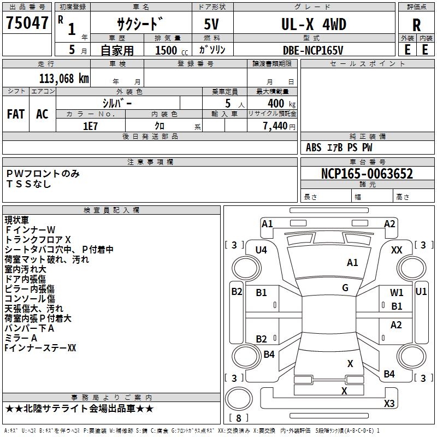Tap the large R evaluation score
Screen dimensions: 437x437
(416, 25)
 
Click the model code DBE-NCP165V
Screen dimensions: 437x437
(313, 50)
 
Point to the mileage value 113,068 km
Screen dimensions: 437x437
(64, 78)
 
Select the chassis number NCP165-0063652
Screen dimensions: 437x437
(367, 174)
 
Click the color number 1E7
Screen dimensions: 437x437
(90, 126)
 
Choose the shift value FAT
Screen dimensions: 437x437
(16, 114)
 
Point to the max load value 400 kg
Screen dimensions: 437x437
(278, 103)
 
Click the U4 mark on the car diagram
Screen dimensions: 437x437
(261, 250)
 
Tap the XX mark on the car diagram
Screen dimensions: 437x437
(397, 249)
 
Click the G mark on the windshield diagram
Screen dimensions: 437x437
(345, 288)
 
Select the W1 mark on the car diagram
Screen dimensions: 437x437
(397, 293)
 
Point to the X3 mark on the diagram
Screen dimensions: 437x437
(389, 403)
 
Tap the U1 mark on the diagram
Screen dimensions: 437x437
(421, 291)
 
